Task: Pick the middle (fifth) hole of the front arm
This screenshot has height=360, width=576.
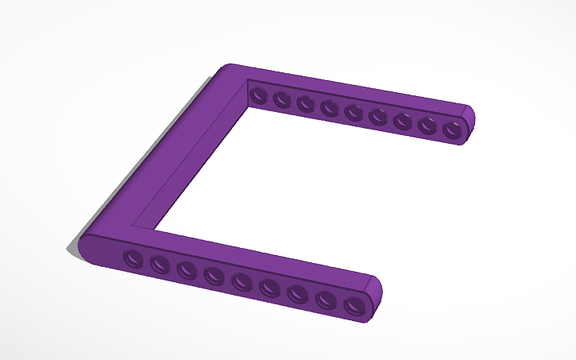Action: tap(242, 281)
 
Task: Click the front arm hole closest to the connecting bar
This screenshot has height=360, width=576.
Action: tap(133, 257)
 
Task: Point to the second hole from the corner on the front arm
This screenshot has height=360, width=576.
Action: tap(160, 263)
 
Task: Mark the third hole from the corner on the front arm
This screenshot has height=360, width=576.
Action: tap(187, 269)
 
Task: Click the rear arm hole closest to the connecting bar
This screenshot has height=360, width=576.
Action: tap(257, 96)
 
